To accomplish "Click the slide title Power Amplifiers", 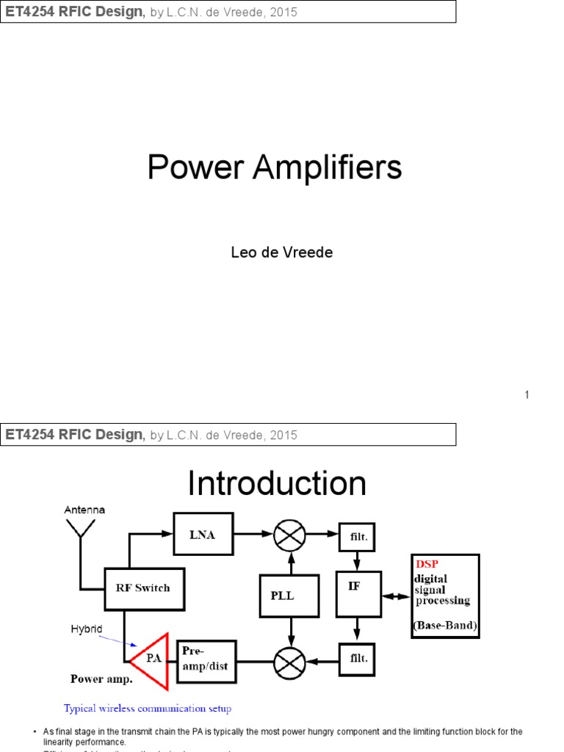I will point(275,167).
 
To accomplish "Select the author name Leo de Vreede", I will point(282,253).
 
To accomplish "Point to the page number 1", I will point(527,395).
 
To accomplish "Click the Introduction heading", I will point(277,484).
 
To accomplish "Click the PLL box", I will point(289,596).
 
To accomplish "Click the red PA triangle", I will point(153,658).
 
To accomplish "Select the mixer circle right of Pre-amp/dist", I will point(289,664).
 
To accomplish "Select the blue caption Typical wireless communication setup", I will point(148,709).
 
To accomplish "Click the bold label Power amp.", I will point(101,679).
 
